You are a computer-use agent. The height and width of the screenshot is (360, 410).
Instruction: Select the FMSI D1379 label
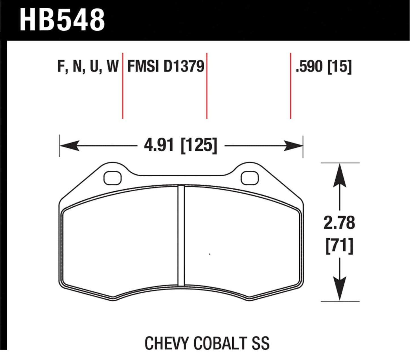[x=166, y=67]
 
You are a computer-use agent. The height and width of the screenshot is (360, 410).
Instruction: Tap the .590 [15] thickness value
[x=323, y=67]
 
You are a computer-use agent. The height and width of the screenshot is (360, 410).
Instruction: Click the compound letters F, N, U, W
[x=88, y=67]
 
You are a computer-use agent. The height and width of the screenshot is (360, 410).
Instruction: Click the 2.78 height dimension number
[x=339, y=223]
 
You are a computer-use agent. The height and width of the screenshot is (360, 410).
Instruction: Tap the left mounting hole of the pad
[x=113, y=178]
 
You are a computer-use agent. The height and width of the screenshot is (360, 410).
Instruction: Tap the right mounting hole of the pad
[x=250, y=178]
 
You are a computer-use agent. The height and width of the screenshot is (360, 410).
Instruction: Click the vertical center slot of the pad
[x=181, y=235]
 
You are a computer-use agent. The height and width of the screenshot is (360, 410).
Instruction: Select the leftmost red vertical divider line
[x=123, y=85]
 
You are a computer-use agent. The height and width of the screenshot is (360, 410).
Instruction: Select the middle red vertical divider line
[x=207, y=85]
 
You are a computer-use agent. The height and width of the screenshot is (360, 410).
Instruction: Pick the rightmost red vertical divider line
[x=291, y=85]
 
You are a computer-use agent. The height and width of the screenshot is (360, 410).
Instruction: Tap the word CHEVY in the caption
[x=167, y=343]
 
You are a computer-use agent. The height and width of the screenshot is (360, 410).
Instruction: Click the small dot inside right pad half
[x=210, y=254]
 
